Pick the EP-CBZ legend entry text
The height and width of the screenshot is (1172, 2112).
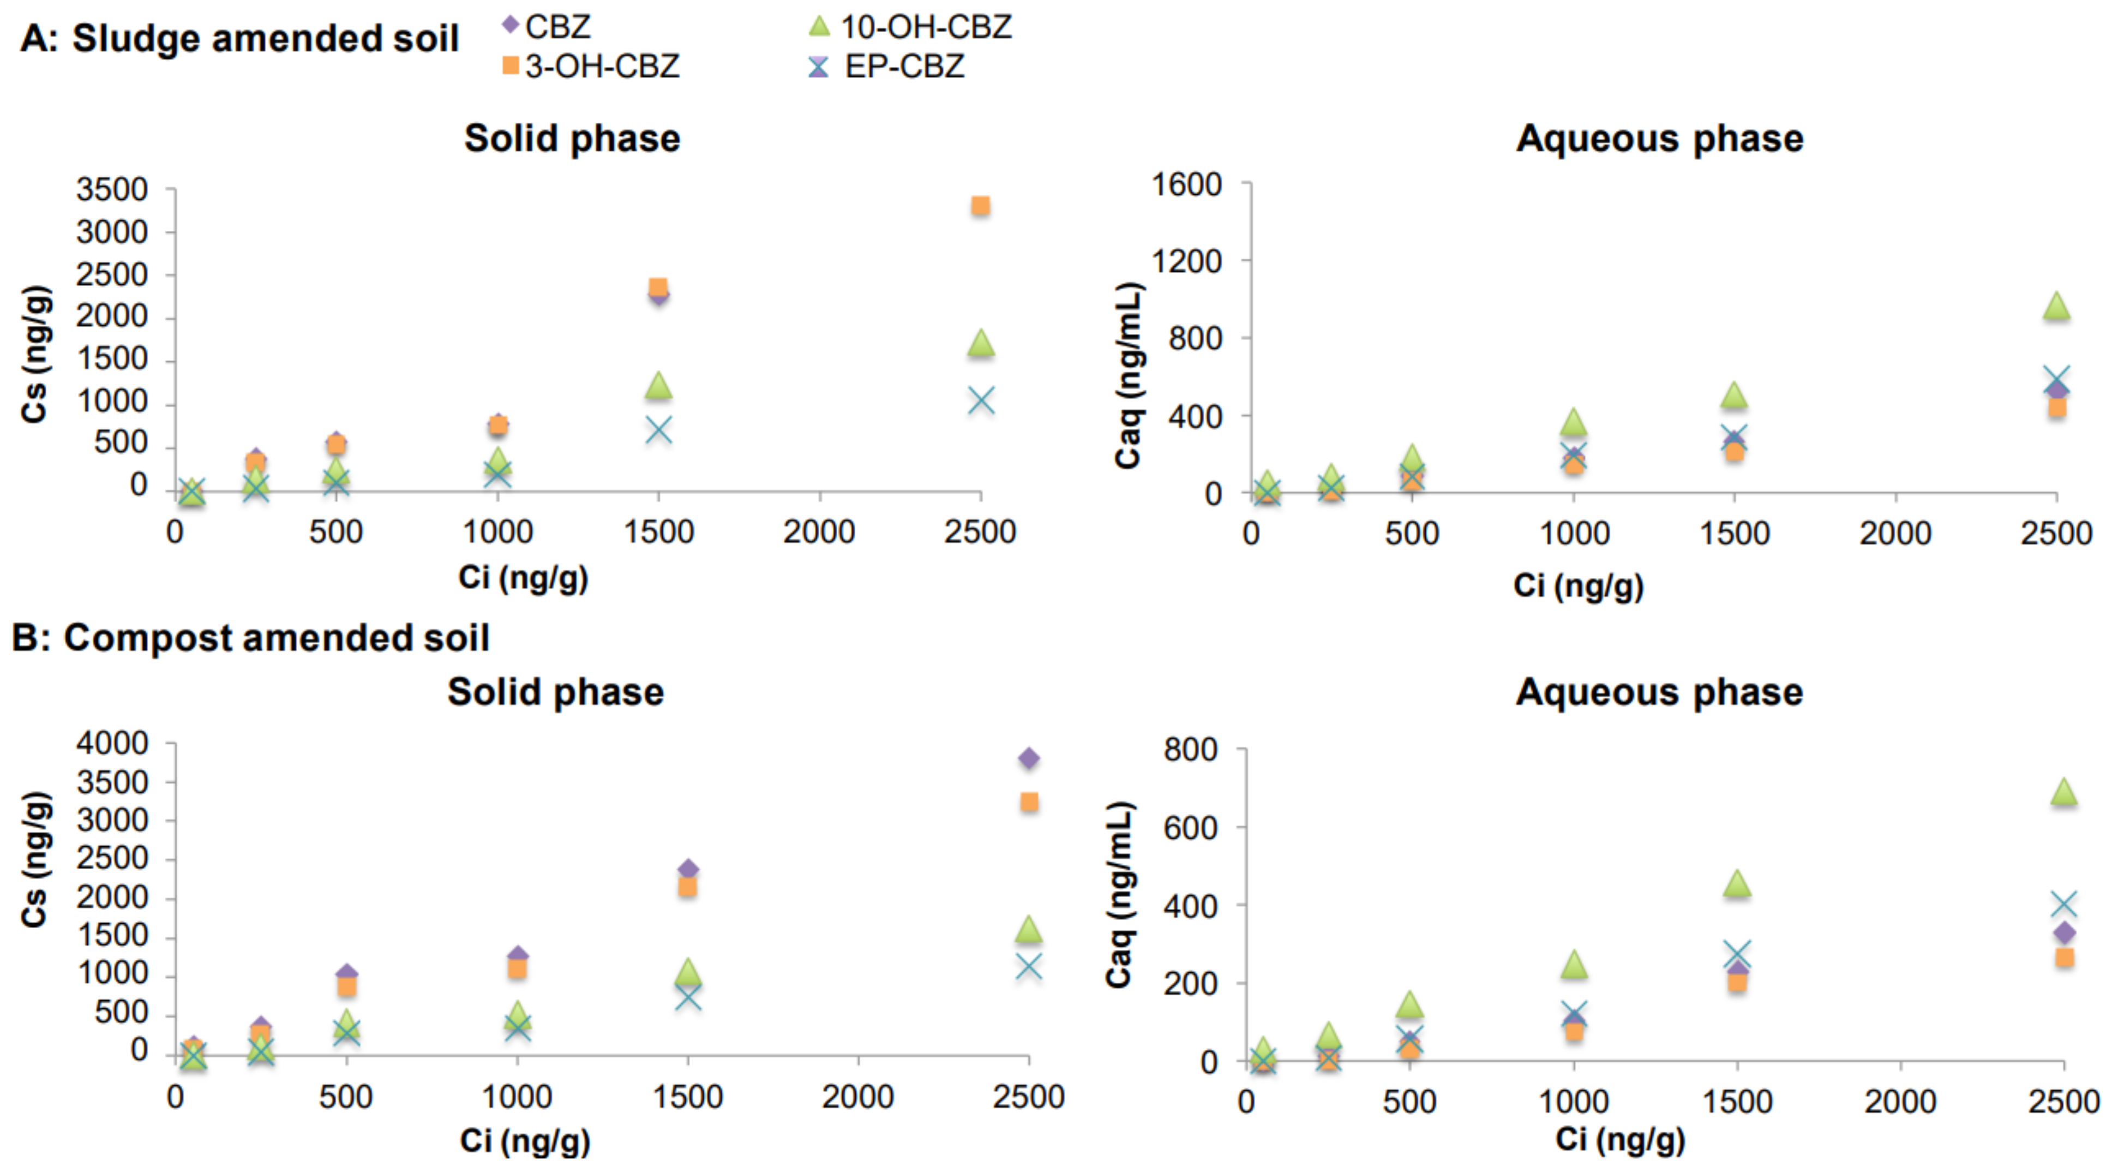[x=904, y=67]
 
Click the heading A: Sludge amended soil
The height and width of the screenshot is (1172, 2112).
[x=239, y=39]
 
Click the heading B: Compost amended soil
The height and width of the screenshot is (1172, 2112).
[x=251, y=638]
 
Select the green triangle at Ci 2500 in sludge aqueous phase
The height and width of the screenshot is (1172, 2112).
[x=2056, y=307]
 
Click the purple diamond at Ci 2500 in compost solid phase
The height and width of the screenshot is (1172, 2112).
[x=1028, y=758]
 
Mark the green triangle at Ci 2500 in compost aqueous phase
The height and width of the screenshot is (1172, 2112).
[x=2063, y=792]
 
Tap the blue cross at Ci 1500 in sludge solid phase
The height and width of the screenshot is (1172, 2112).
[x=658, y=430]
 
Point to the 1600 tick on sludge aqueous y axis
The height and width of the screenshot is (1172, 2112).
[x=1186, y=184]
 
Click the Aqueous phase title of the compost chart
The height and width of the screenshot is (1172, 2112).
[x=1659, y=692]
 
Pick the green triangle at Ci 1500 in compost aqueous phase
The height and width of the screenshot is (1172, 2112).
[x=1737, y=884]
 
